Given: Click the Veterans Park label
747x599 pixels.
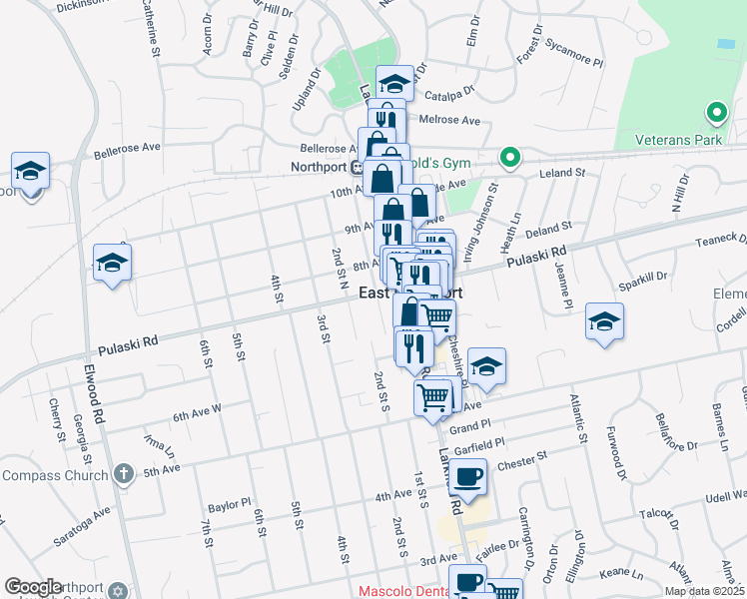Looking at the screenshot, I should click(x=669, y=141).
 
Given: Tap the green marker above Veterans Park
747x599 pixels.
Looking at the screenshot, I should click(x=714, y=113).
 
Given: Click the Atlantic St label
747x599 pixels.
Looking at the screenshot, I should click(x=576, y=418).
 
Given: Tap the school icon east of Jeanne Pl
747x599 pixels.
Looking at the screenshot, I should click(x=603, y=321).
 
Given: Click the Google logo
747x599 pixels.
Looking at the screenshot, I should click(x=34, y=587).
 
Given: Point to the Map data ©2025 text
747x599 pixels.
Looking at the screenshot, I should click(x=703, y=591).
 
